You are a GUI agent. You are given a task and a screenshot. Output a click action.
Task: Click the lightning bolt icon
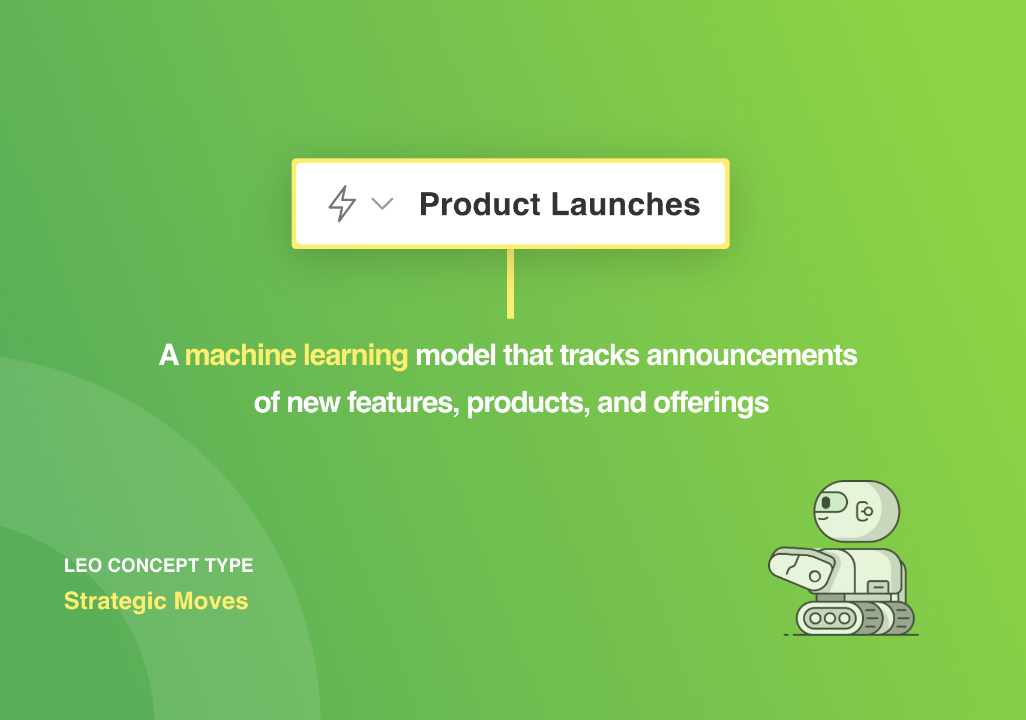point(341,203)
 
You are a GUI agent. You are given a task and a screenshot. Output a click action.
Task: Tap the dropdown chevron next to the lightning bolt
point(382,203)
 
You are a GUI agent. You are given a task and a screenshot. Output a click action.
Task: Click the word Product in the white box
point(479,204)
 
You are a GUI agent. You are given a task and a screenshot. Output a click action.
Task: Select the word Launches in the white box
point(626,204)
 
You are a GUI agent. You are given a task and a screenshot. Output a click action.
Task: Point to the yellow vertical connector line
point(510,284)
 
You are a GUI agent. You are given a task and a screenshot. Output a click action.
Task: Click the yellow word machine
point(241,355)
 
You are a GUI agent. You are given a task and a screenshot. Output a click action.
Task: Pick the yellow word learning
point(355,356)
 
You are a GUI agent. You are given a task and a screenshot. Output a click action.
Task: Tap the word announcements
point(752,355)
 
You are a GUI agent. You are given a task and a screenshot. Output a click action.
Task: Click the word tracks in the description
point(599,355)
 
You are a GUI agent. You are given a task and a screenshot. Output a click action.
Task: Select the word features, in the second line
point(403,403)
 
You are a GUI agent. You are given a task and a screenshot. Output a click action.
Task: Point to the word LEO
point(83,565)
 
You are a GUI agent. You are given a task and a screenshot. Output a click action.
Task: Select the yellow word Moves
point(211,601)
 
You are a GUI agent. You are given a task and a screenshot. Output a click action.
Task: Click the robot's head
point(856,511)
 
